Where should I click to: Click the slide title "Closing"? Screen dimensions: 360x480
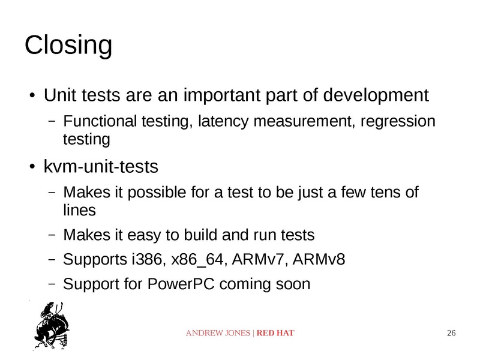click(x=68, y=46)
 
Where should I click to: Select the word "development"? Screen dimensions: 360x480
click(x=377, y=95)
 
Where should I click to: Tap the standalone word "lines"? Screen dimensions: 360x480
click(x=79, y=211)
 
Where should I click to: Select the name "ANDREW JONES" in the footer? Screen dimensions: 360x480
click(x=219, y=333)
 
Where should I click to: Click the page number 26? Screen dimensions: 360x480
click(x=452, y=333)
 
